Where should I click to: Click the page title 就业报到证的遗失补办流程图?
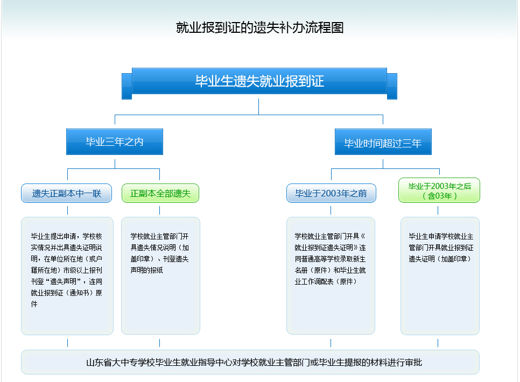click(x=259, y=27)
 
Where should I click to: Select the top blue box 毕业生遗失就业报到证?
click(x=259, y=81)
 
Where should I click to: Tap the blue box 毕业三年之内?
click(x=114, y=142)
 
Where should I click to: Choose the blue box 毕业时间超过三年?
click(x=383, y=143)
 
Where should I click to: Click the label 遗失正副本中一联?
click(x=67, y=193)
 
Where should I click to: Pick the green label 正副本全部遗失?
click(x=160, y=193)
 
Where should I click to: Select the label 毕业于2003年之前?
click(x=331, y=193)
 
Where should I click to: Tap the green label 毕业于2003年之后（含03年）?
click(x=439, y=190)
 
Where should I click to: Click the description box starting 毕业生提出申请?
click(x=67, y=275)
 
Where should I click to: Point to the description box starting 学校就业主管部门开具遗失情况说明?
click(x=160, y=275)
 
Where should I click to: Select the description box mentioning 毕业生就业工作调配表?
click(x=331, y=275)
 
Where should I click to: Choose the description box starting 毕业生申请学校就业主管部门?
click(x=440, y=275)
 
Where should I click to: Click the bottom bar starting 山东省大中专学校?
click(x=250, y=363)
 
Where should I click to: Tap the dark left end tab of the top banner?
click(x=127, y=86)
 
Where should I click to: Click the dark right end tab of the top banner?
click(x=392, y=86)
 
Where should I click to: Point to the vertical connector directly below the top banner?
click(x=259, y=106)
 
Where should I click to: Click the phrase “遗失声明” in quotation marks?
click(x=61, y=281)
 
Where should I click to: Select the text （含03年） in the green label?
click(x=440, y=196)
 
